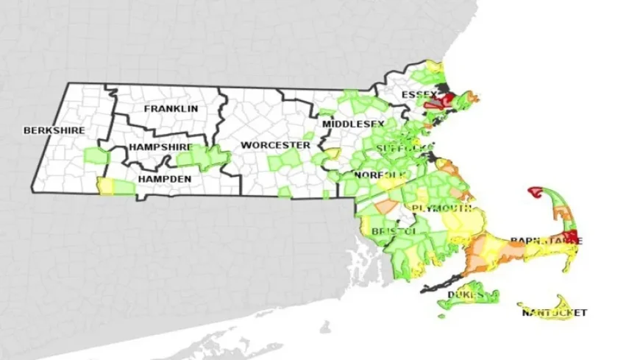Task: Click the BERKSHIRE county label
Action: coord(54,131)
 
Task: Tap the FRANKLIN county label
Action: coord(171,109)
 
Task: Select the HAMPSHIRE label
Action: coord(160,147)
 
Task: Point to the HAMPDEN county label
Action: coord(165,179)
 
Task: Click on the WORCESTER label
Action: coord(275,146)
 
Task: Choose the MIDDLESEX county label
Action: coord(352,124)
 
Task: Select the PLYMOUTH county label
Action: coord(441,208)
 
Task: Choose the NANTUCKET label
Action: coord(555,313)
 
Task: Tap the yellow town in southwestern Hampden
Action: coord(106,186)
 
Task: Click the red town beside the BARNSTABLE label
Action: coord(573,238)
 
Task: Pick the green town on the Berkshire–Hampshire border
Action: coord(94,155)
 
